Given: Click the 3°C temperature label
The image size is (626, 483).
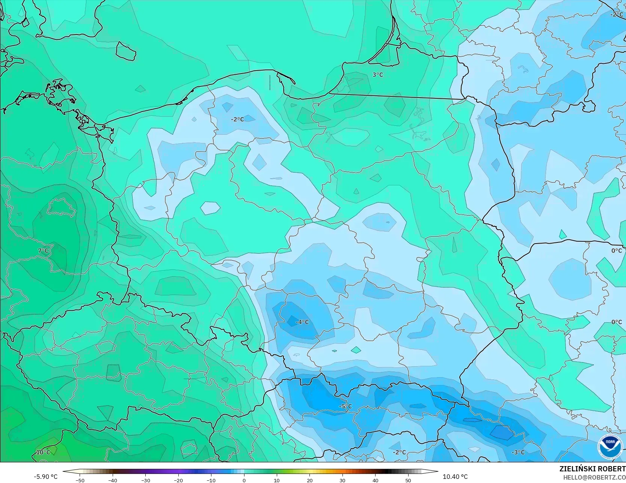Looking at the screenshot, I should point(378,75).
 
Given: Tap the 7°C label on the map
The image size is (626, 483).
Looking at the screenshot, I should point(43,251).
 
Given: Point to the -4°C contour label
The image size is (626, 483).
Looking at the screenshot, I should point(302,322).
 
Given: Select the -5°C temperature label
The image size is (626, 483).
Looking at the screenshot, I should point(345,406).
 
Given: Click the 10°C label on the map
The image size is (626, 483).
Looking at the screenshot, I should point(43,452).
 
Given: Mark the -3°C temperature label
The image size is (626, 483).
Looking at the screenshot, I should point(518,452).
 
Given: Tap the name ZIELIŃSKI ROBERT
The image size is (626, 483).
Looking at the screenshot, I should point(592,469).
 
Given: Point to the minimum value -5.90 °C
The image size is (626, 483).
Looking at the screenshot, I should point(46,477).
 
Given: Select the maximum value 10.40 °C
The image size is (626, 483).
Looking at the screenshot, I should point(455,477).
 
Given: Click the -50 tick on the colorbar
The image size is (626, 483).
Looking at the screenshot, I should point(80,480).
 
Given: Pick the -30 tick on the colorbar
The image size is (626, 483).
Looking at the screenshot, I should point(146,480).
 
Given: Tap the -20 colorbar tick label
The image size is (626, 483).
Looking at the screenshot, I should point(178,480).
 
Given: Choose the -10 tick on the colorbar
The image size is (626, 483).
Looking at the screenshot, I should point(211,480).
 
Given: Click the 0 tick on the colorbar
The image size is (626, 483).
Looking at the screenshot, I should point(244,480).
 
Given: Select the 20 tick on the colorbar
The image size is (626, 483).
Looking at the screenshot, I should point(310,480).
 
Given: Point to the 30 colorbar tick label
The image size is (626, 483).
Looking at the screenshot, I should point(342,480).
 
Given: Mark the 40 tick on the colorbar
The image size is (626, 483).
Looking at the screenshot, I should point(375,480).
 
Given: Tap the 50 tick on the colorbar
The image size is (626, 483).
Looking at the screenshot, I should point(408,480).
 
